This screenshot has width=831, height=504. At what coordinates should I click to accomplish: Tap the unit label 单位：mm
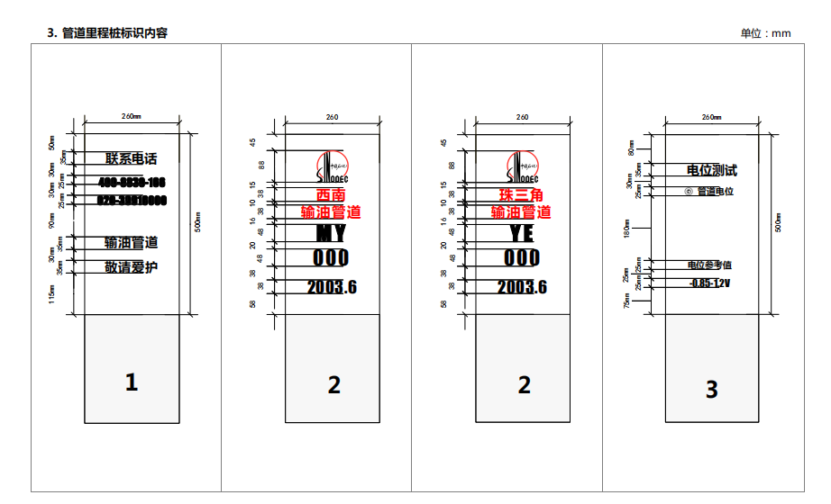[x=765, y=33]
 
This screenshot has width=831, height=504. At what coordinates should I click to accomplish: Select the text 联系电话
[x=131, y=158]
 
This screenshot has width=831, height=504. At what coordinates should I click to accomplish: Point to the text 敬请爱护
[x=131, y=266]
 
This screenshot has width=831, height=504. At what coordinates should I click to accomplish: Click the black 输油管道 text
[x=131, y=242]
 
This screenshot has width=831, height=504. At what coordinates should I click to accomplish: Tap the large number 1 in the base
[x=132, y=382]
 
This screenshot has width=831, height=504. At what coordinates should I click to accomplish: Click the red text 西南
[x=331, y=195]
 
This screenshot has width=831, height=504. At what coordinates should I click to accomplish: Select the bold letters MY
[x=331, y=234]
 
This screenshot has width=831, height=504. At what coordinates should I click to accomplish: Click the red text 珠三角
[x=521, y=195]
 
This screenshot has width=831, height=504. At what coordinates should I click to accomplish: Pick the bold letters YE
[x=521, y=234]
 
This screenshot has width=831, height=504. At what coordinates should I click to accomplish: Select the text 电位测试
[x=712, y=169]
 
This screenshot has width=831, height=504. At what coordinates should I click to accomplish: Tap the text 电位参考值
[x=709, y=265]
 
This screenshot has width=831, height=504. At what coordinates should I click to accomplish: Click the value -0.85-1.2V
[x=709, y=283]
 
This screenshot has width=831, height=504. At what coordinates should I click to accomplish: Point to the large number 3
[x=712, y=389]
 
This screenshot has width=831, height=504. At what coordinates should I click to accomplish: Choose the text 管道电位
[x=715, y=192]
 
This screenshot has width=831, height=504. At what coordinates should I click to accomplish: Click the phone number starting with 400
[x=132, y=183]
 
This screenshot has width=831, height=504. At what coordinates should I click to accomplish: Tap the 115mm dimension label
[x=52, y=294]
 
